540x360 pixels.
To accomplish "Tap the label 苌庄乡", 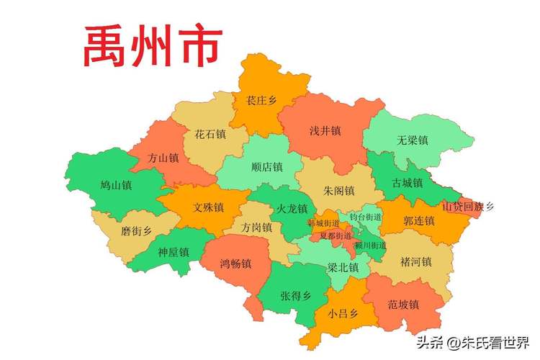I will click(x=261, y=101).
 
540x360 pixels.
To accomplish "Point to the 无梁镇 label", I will click(x=412, y=140).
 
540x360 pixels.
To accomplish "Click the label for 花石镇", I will click(x=210, y=134).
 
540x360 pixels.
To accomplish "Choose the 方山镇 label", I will click(x=163, y=158).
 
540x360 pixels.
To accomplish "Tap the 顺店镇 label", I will click(x=267, y=167).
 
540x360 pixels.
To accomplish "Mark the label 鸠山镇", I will click(x=116, y=185).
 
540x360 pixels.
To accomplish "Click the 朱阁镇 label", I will click(x=339, y=191).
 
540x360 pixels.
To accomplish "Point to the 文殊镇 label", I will click(x=208, y=207).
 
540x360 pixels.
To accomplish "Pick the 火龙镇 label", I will click(x=292, y=209).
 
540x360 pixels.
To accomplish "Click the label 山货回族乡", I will click(x=468, y=207).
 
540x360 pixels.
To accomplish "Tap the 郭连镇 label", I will click(x=418, y=220).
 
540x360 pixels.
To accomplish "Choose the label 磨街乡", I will click(x=136, y=230).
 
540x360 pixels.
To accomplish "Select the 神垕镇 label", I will click(x=173, y=252).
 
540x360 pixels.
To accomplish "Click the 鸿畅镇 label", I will click(x=235, y=264).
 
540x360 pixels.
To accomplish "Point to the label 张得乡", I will click(x=295, y=295).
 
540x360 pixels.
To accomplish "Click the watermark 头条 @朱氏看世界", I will click(x=472, y=341).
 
